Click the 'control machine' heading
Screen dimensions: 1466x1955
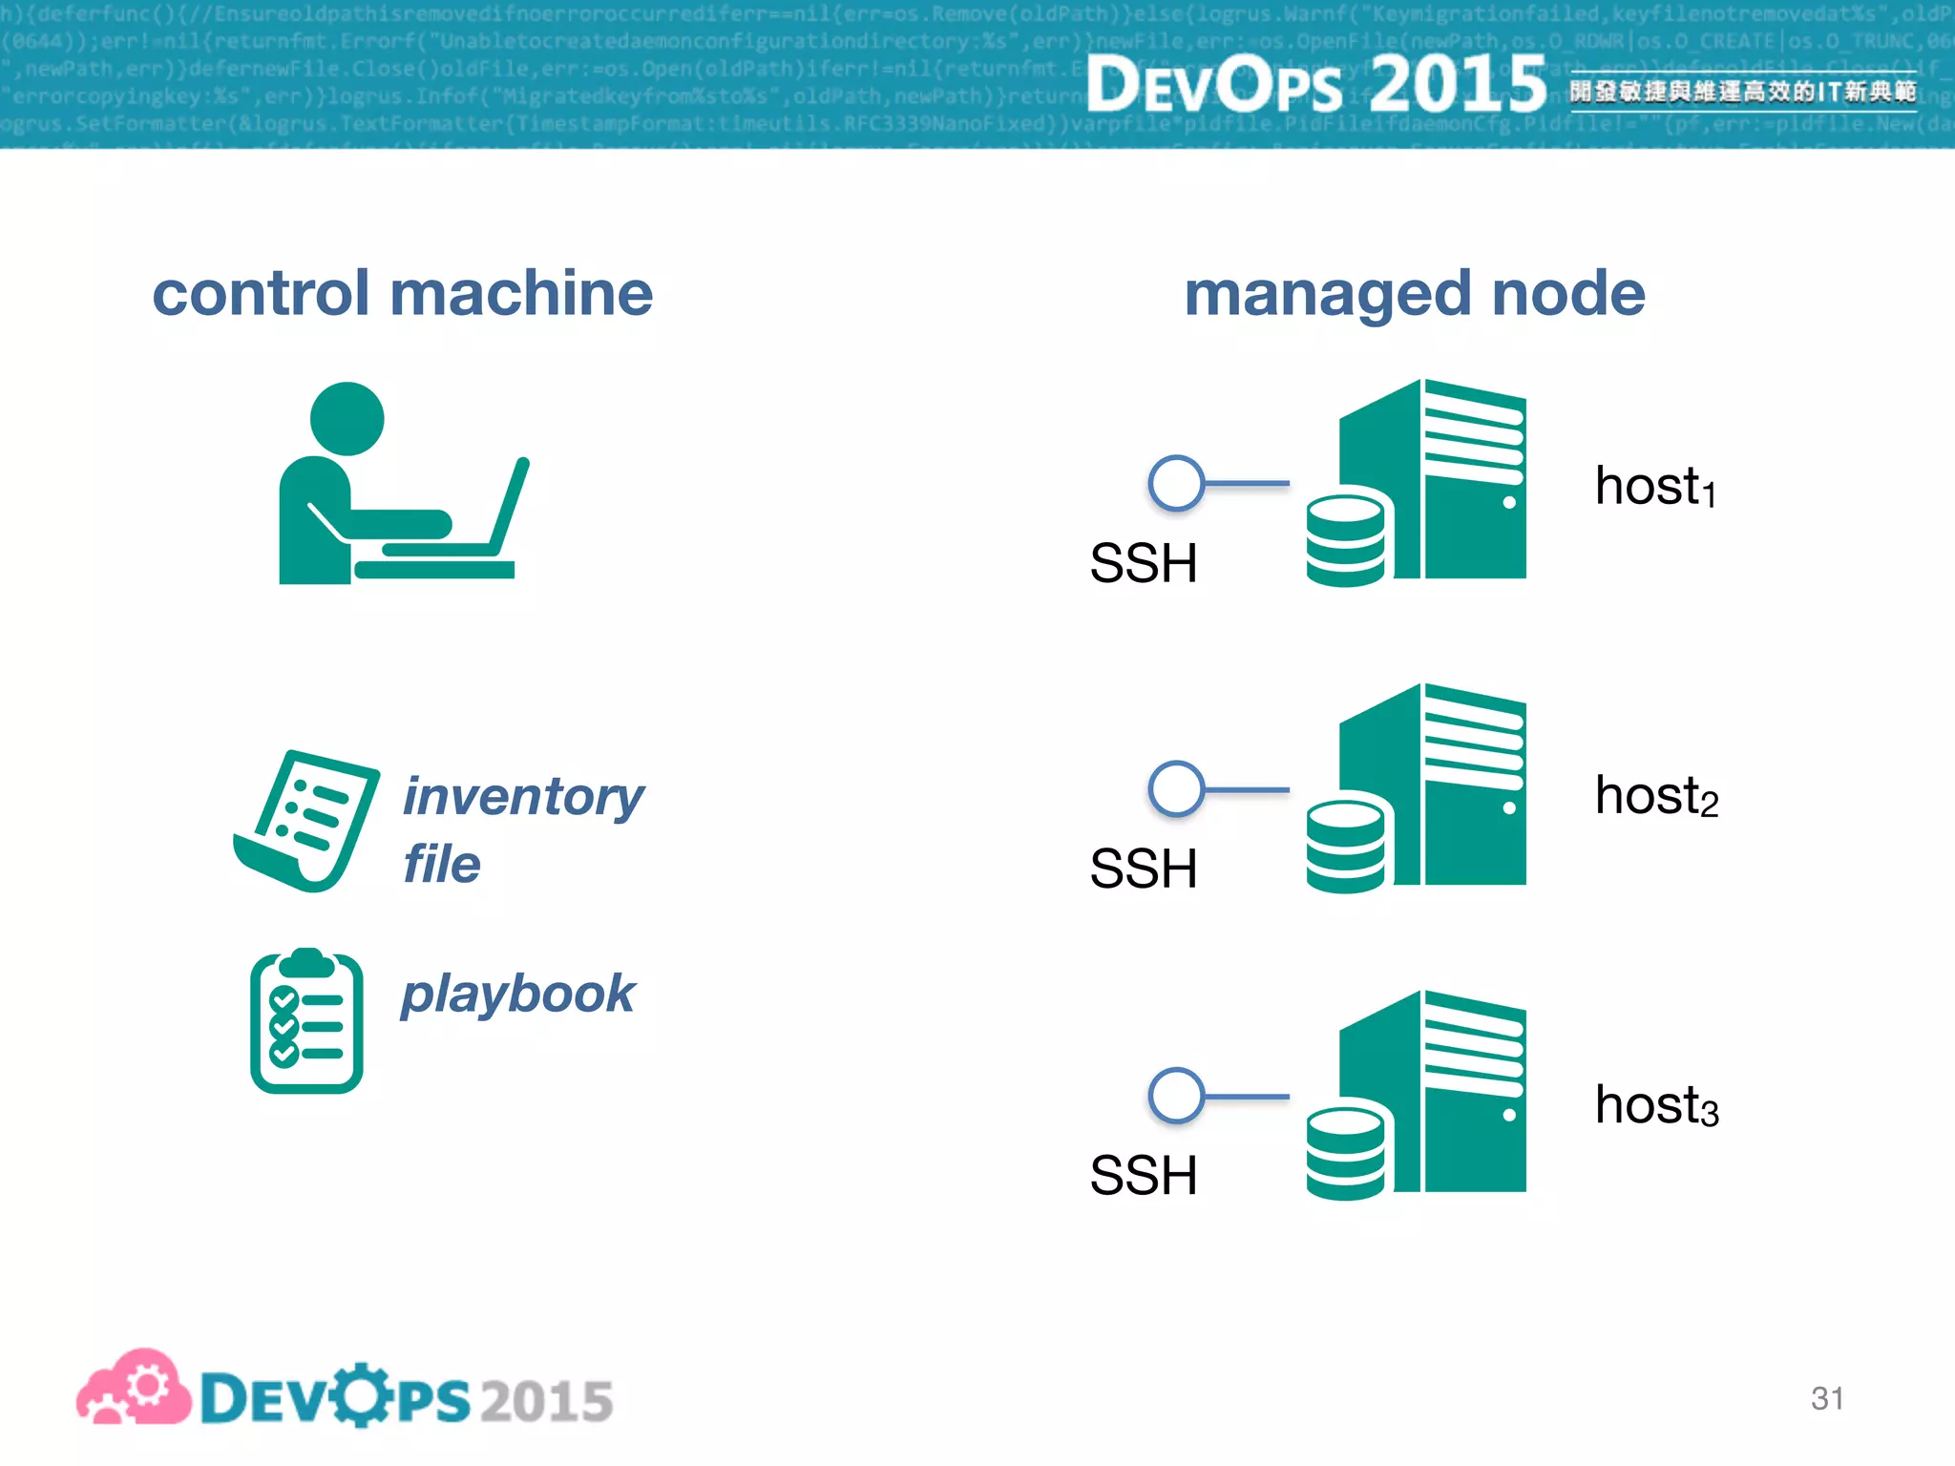point(402,293)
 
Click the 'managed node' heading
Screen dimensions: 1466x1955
point(1414,293)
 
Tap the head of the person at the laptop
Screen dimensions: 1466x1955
point(347,419)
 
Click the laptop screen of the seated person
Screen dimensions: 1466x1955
point(510,506)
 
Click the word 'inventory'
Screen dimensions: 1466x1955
point(523,797)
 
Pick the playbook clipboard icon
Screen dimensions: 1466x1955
point(306,1021)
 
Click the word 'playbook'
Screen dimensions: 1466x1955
point(517,995)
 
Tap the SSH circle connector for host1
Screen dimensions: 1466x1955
point(1176,483)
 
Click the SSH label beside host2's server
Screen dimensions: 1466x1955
point(1143,869)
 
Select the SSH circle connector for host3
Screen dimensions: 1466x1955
point(1176,1096)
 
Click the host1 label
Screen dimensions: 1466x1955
point(1655,487)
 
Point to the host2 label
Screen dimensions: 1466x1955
point(1655,796)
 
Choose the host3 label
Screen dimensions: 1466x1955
point(1655,1105)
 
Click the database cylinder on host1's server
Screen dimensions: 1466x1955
point(1345,540)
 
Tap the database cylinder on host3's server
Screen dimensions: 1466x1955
point(1345,1153)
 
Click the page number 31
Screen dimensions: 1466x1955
point(1826,1398)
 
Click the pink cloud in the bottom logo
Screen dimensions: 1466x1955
point(134,1389)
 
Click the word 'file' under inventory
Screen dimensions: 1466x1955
point(441,865)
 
